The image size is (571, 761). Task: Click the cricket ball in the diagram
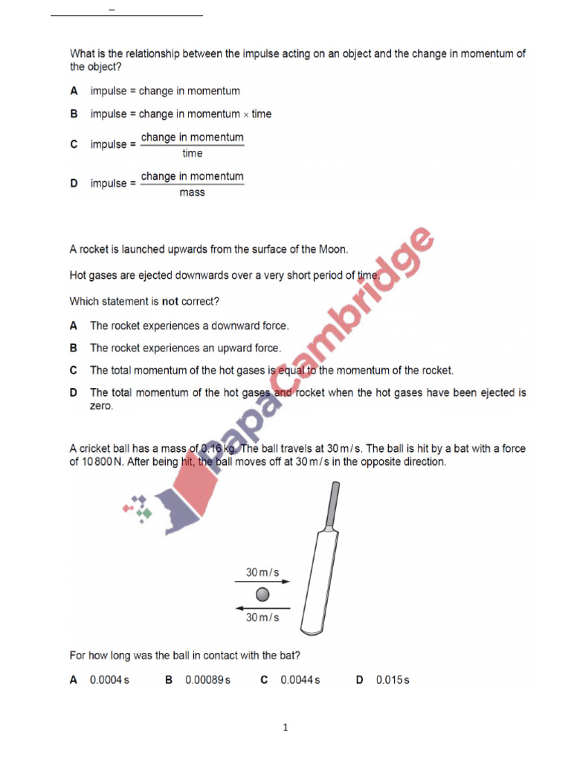[x=263, y=595]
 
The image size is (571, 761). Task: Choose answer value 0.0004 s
[x=109, y=680]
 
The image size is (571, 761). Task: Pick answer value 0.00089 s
[x=207, y=680]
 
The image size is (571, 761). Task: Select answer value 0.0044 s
[x=300, y=680]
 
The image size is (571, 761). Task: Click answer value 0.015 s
[x=393, y=680]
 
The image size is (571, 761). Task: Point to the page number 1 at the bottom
[x=285, y=728]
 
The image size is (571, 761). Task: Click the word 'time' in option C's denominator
[x=193, y=154]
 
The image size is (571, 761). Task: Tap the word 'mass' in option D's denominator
[x=193, y=192]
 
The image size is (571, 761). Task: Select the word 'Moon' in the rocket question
[x=333, y=249]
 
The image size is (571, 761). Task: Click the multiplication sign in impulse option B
[x=246, y=114]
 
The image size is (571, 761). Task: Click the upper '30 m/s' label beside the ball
[x=262, y=571]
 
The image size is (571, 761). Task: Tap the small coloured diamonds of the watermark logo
[x=138, y=508]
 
